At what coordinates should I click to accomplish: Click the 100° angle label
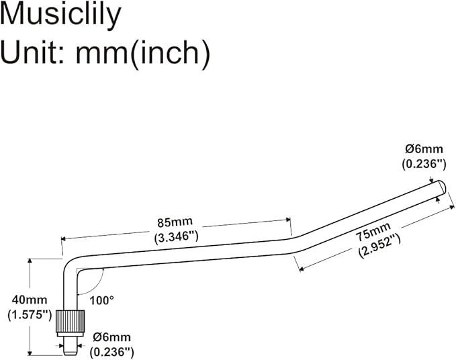tap(102, 300)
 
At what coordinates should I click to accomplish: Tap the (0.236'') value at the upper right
tap(424, 164)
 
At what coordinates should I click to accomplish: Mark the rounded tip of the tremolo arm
tap(441, 185)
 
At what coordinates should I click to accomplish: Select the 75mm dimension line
tap(369, 239)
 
